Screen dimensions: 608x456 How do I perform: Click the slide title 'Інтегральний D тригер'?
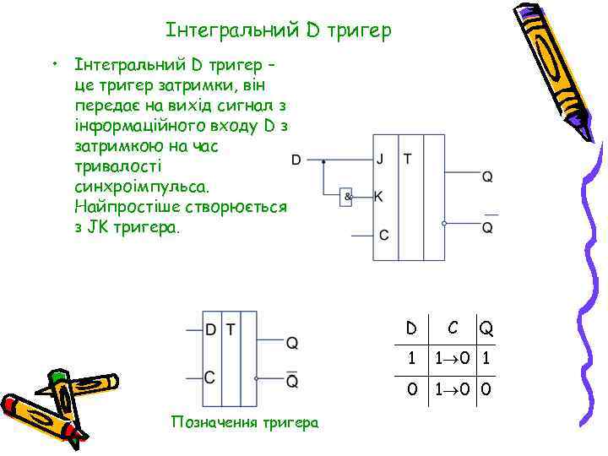pyautogui.click(x=279, y=31)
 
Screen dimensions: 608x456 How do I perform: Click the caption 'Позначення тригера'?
pyautogui.click(x=245, y=422)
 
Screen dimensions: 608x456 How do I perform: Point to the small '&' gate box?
pyautogui.click(x=346, y=197)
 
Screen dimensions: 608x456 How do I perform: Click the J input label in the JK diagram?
pyautogui.click(x=383, y=159)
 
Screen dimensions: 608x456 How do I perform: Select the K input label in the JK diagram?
pyautogui.click(x=378, y=197)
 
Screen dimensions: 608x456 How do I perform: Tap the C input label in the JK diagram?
pyautogui.click(x=384, y=235)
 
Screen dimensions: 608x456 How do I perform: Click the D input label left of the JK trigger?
pyautogui.click(x=296, y=159)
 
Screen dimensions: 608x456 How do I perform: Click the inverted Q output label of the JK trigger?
pyautogui.click(x=487, y=227)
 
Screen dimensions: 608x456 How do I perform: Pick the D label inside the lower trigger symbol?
pyautogui.click(x=211, y=329)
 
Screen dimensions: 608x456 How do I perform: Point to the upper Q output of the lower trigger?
pyautogui.click(x=292, y=343)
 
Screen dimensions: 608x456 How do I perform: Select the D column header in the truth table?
pyautogui.click(x=411, y=326)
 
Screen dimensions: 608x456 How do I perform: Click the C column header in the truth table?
pyautogui.click(x=453, y=326)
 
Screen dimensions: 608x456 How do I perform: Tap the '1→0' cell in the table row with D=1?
pyautogui.click(x=454, y=358)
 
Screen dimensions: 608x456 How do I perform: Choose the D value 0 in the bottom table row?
pyautogui.click(x=411, y=389)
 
